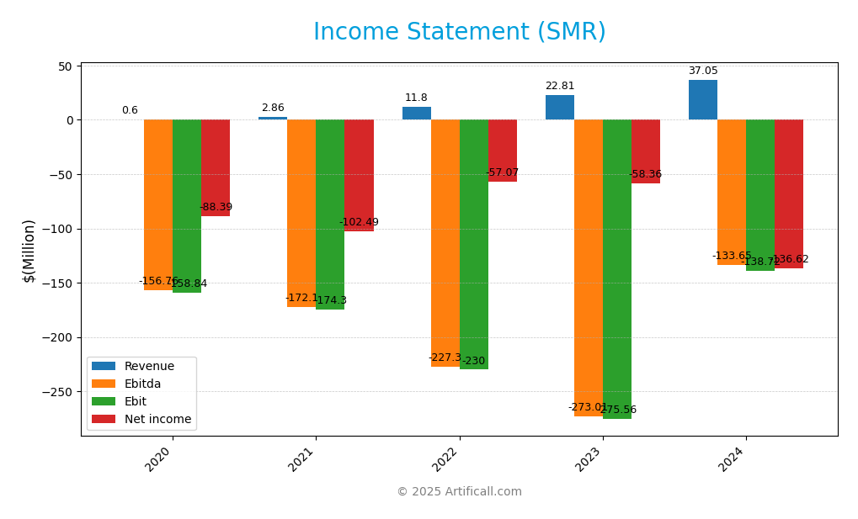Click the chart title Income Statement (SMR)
[459, 32]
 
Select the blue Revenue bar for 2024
[702, 100]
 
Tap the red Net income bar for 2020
[216, 168]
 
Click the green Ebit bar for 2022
[473, 244]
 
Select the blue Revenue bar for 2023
[559, 108]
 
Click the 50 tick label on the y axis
[66, 66]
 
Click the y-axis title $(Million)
[29, 251]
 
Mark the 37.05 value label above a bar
[703, 71]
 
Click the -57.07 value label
[503, 173]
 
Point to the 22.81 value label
[560, 87]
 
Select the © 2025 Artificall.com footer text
[459, 492]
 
